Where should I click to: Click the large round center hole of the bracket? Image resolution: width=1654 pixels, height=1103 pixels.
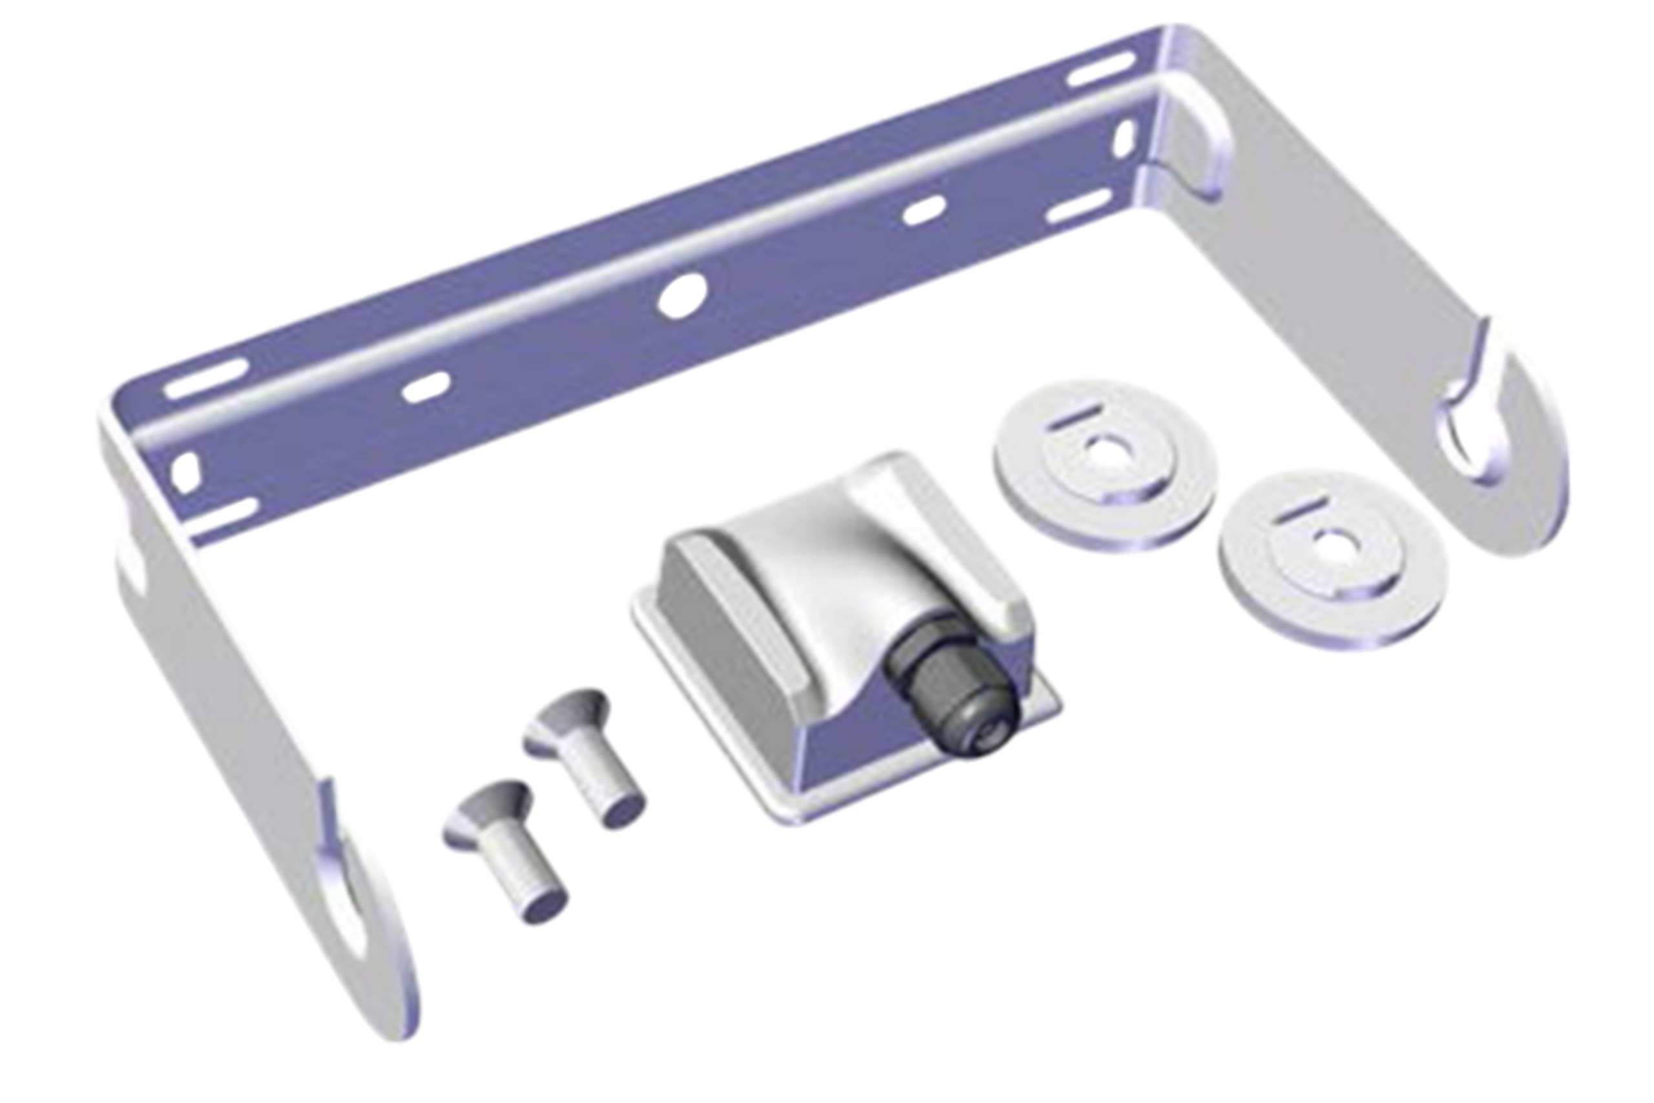[682, 294]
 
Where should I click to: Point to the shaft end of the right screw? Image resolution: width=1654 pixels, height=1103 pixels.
[623, 812]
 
